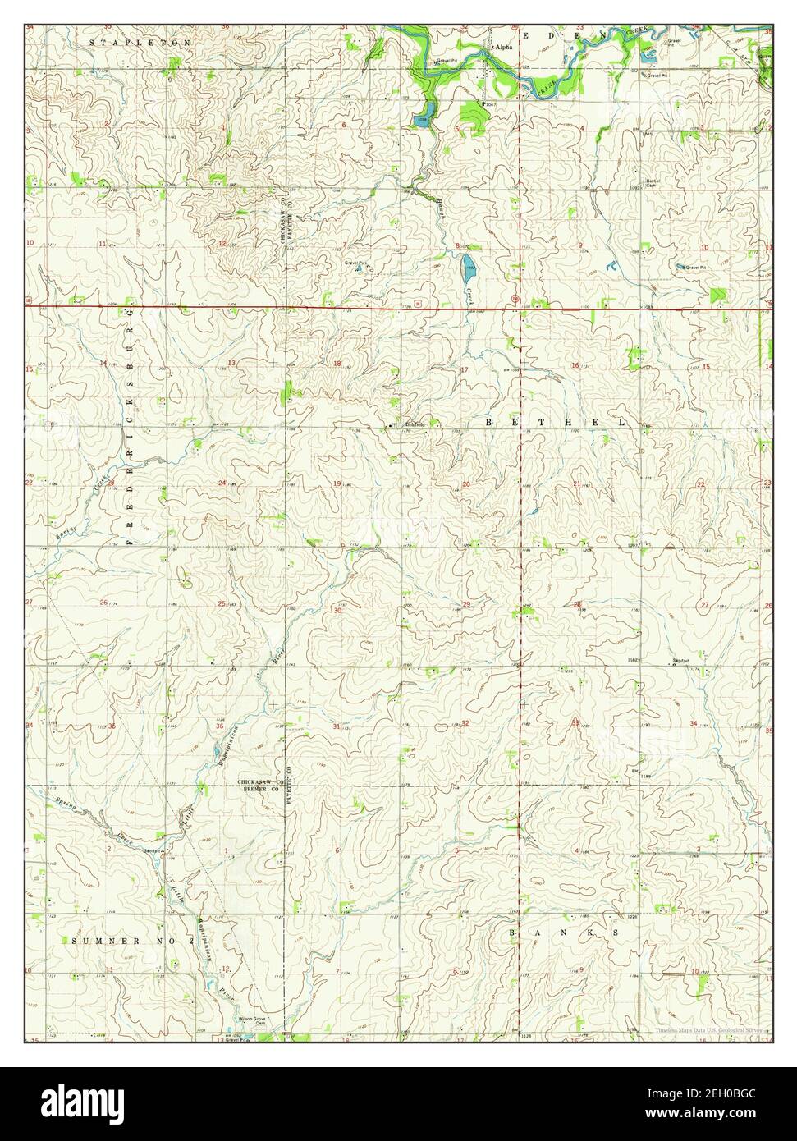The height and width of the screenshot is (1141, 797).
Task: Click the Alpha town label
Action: (504, 48)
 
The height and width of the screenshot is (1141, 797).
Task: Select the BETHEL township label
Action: (555, 422)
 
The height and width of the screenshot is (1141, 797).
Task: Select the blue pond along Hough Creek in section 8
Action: (468, 263)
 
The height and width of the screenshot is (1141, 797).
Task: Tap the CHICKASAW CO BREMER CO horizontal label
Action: (261, 786)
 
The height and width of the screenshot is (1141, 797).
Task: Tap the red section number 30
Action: (337, 610)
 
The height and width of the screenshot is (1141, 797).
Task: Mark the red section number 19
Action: (337, 483)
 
